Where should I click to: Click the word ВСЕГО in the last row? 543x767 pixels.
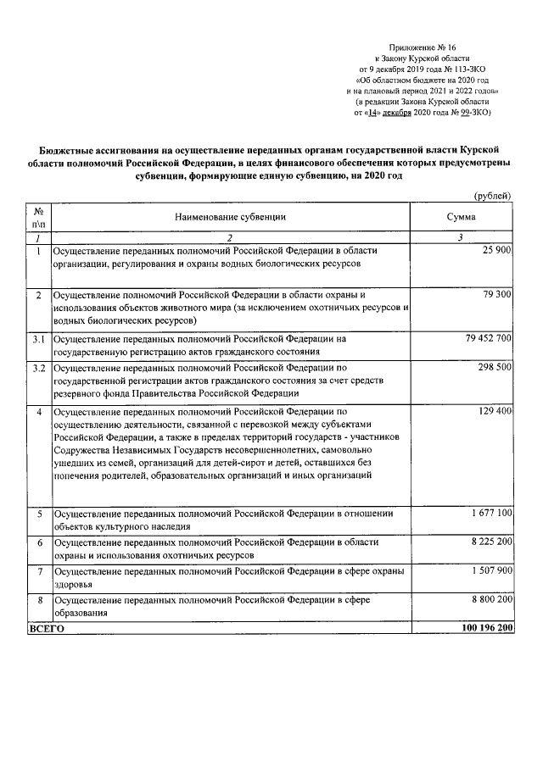[x=48, y=630]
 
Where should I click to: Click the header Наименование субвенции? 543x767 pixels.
[x=231, y=217]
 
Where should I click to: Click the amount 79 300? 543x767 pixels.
[x=495, y=294]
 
